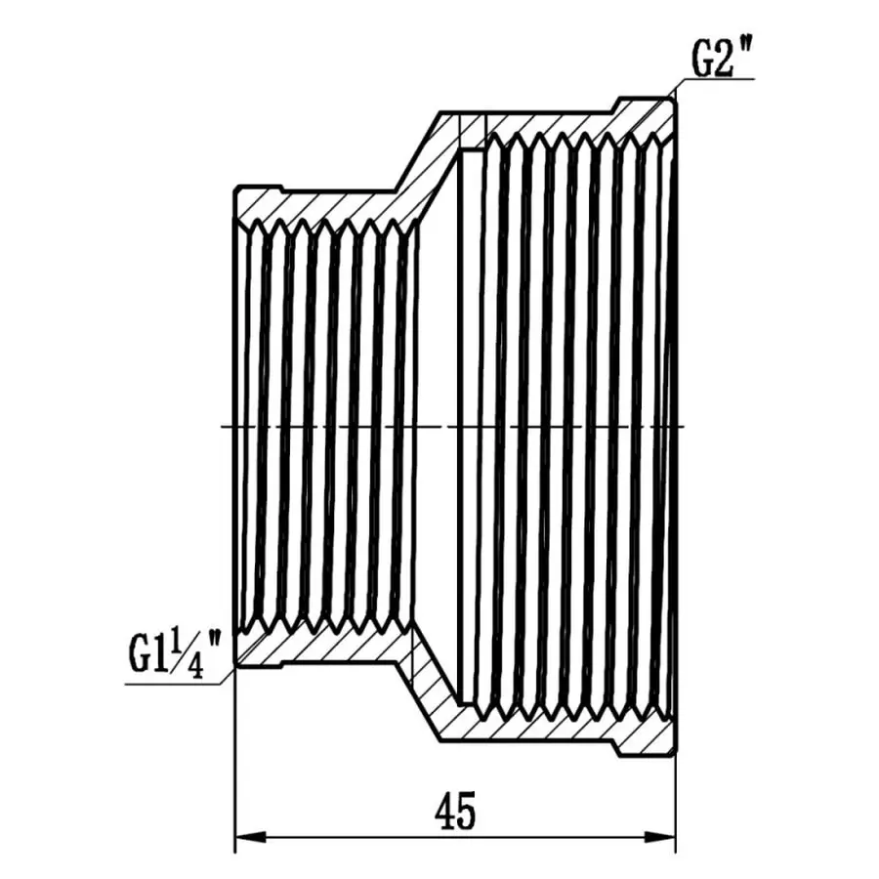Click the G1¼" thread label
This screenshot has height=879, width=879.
(176, 649)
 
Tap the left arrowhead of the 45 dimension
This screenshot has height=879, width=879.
(250, 837)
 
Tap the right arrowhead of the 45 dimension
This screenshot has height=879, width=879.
(662, 837)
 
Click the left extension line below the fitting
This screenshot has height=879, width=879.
(235, 762)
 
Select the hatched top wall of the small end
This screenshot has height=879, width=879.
(322, 203)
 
